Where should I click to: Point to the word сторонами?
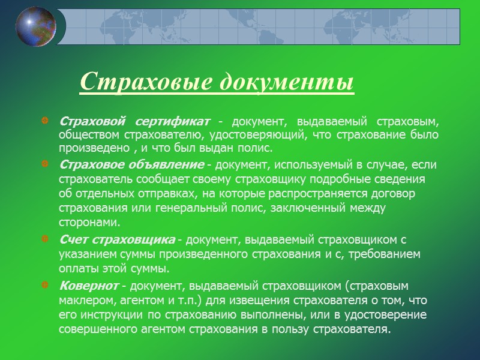86,221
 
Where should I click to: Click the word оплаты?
76,268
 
